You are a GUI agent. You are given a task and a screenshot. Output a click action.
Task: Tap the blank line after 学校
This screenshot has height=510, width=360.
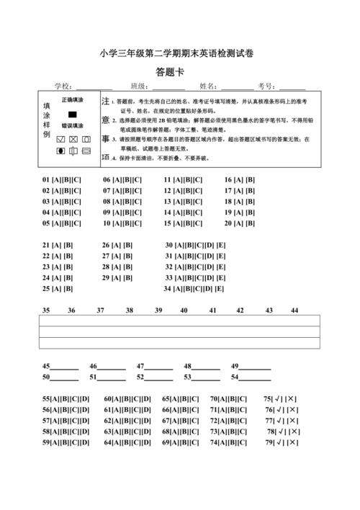[x=94, y=87]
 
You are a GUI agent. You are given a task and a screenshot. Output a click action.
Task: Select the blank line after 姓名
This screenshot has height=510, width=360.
[x=238, y=87]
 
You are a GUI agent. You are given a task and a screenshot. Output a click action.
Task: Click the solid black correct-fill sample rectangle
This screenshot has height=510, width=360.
[x=72, y=114]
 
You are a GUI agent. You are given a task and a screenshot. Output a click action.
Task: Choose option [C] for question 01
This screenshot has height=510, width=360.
[x=76, y=180]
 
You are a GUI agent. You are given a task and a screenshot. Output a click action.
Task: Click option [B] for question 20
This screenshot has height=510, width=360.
[x=251, y=223]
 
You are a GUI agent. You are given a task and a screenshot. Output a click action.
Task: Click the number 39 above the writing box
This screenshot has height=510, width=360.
[x=158, y=310]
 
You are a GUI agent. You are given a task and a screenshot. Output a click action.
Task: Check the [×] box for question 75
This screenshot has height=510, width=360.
[x=292, y=398]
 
